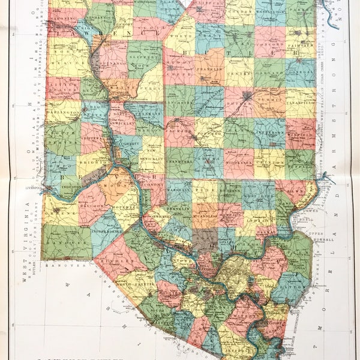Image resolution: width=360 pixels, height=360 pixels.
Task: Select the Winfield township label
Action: point(300,134)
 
